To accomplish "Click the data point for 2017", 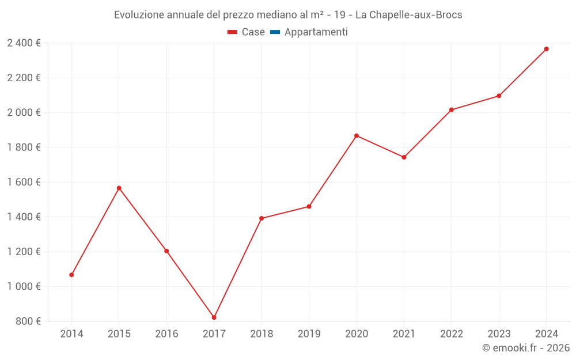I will (x=214, y=317).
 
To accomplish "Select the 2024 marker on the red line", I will (x=546, y=49).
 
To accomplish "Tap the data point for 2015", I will (x=119, y=188).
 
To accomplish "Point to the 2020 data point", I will (x=356, y=136).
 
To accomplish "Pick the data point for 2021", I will (x=404, y=157).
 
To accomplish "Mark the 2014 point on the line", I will (x=71, y=275).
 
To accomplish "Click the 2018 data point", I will (x=262, y=218).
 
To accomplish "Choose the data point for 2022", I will (x=451, y=110).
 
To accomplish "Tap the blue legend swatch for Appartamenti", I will (x=275, y=32).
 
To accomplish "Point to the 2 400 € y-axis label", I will (x=24, y=43).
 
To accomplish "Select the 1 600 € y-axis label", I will (x=24, y=182).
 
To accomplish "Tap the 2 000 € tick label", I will (x=24, y=113).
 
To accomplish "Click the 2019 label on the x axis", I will (x=309, y=334).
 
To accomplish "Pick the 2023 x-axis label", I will (x=499, y=334).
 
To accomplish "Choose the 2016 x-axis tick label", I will (x=166, y=334).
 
